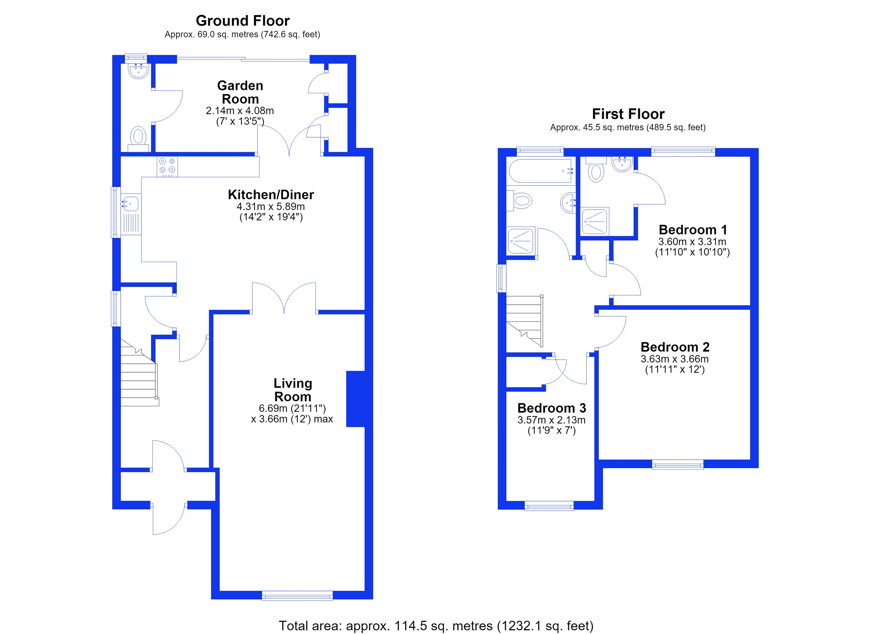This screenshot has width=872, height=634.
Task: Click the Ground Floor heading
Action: pos(243,20)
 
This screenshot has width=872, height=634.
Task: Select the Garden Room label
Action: pos(240,92)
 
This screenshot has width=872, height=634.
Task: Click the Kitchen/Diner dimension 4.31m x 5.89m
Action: pos(271,206)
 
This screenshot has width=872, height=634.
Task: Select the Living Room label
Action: pos(293,390)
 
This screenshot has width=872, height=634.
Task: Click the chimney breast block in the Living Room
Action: pos(355,399)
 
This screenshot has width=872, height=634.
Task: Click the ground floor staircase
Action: pos(139,373)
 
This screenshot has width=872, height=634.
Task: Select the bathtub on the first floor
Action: pos(541,171)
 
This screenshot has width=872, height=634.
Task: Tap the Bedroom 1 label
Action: pos(693,230)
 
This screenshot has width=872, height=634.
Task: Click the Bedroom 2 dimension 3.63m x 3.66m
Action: pos(674,359)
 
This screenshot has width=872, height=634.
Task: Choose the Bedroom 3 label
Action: pos(551,408)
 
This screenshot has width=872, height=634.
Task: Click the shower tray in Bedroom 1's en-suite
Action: pos(595,221)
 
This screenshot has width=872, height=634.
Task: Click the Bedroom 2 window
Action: pos(678,465)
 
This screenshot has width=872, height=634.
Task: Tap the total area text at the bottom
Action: pos(436,626)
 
